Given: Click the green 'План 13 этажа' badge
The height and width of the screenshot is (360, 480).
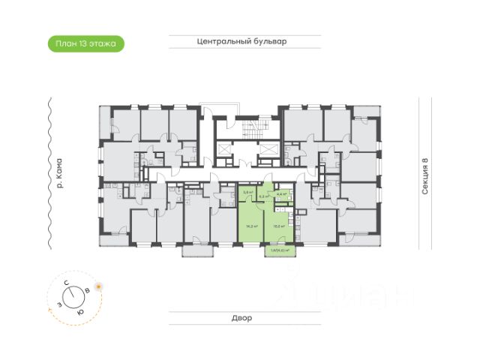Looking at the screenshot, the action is point(85,44).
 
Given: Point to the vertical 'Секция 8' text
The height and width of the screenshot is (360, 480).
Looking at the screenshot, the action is point(425,176).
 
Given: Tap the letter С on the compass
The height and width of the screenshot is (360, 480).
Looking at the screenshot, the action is point(67,283).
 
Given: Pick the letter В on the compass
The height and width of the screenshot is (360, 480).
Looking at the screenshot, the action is point(88,289).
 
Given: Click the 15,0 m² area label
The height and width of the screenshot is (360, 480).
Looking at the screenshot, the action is point(277,225).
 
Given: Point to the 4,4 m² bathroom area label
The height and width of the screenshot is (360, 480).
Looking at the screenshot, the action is point(281,194).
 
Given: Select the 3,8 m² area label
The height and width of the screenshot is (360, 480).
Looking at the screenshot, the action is point(246,193).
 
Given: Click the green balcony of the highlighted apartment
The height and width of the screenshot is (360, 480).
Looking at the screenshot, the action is point(279,250).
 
